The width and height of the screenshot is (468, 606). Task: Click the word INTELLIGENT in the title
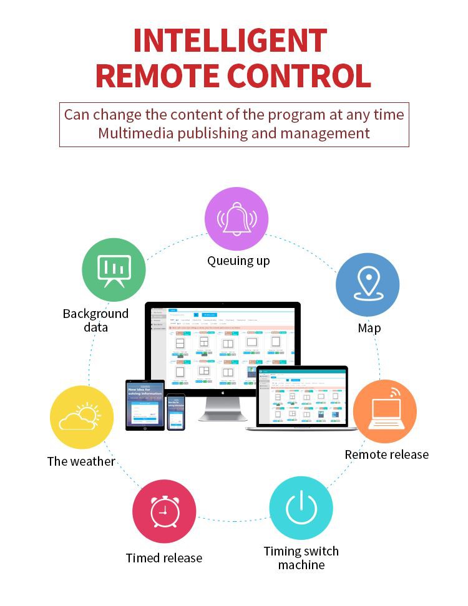pyautogui.click(x=230, y=41)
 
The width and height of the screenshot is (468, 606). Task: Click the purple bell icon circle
pyautogui.click(x=236, y=219)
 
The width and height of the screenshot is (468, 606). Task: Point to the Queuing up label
pyautogui.click(x=238, y=261)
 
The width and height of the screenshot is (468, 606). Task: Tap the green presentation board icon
pyautogui.click(x=114, y=270)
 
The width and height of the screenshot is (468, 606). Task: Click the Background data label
pyautogui.click(x=95, y=320)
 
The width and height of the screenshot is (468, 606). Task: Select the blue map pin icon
pyautogui.click(x=368, y=284)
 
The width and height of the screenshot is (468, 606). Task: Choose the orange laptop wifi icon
pyautogui.click(x=384, y=411)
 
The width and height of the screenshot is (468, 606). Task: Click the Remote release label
pyautogui.click(x=386, y=454)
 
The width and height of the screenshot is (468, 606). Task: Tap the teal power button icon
pyautogui.click(x=301, y=507)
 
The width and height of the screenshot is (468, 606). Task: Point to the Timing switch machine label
pyautogui.click(x=301, y=558)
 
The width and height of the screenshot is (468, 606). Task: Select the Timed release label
pyautogui.click(x=164, y=558)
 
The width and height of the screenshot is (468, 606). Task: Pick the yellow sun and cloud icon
pyautogui.click(x=82, y=418)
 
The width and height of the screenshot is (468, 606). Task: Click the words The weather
pyautogui.click(x=81, y=461)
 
